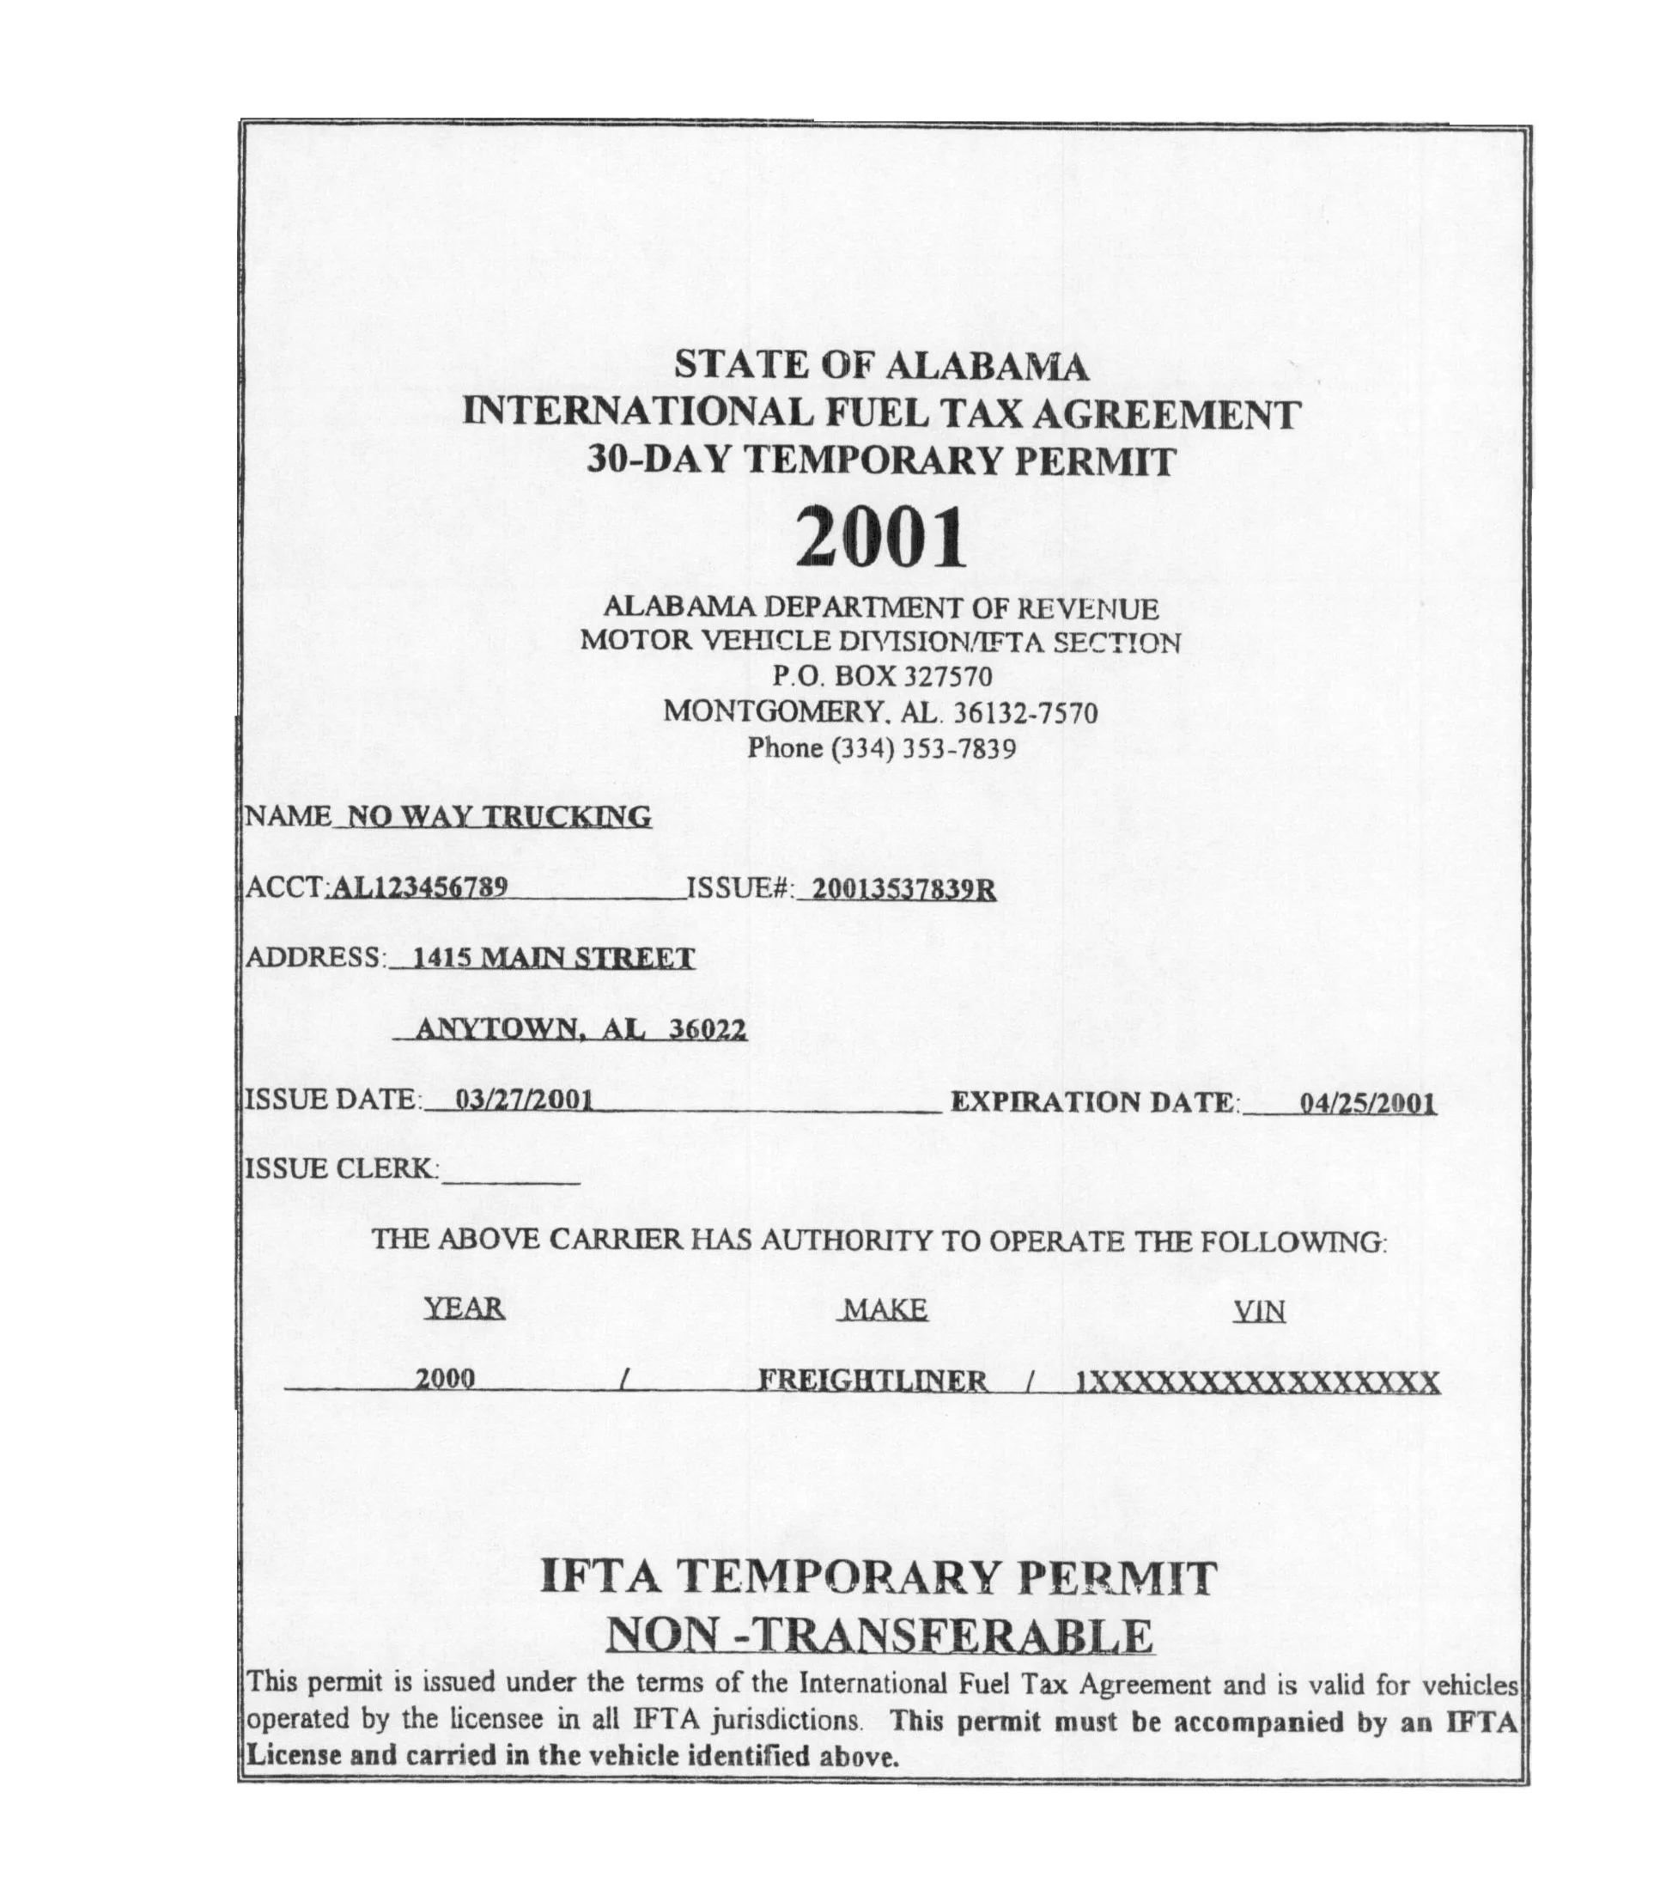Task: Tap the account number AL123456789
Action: click(x=419, y=887)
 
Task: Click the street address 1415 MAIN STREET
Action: click(x=553, y=958)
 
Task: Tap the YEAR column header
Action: click(x=464, y=1308)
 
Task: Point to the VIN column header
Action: click(x=1259, y=1312)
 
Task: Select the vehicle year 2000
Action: click(x=445, y=1379)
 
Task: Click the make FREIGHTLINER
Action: click(x=873, y=1381)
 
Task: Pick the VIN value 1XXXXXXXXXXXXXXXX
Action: click(x=1257, y=1382)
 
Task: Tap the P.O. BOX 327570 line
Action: click(x=882, y=677)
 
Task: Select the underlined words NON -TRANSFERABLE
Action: click(x=879, y=1636)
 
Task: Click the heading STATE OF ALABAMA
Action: click(x=880, y=365)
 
